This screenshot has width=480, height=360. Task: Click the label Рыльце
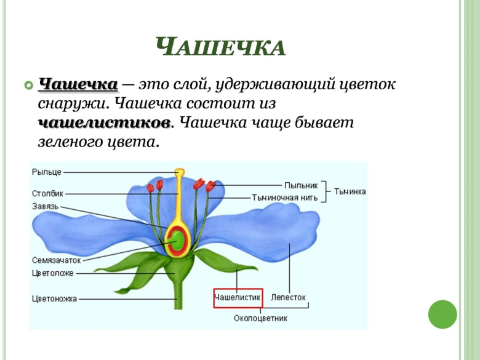(47, 172)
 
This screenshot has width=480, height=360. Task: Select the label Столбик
(48, 193)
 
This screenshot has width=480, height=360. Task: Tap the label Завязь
(46, 207)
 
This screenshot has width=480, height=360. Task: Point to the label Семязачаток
(57, 260)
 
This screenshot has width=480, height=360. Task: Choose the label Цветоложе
(53, 273)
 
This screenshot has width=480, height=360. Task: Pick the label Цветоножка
(55, 298)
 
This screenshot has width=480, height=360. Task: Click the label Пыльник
(301, 185)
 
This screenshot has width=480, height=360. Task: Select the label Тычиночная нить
(285, 198)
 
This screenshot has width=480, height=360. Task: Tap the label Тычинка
(350, 191)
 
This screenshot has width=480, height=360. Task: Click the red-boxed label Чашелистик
(238, 297)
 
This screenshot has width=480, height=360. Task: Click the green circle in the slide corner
(442, 314)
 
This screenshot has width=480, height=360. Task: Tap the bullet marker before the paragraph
(27, 84)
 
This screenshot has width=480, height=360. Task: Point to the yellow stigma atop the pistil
(180, 173)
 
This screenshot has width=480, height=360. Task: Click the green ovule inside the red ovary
(177, 239)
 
